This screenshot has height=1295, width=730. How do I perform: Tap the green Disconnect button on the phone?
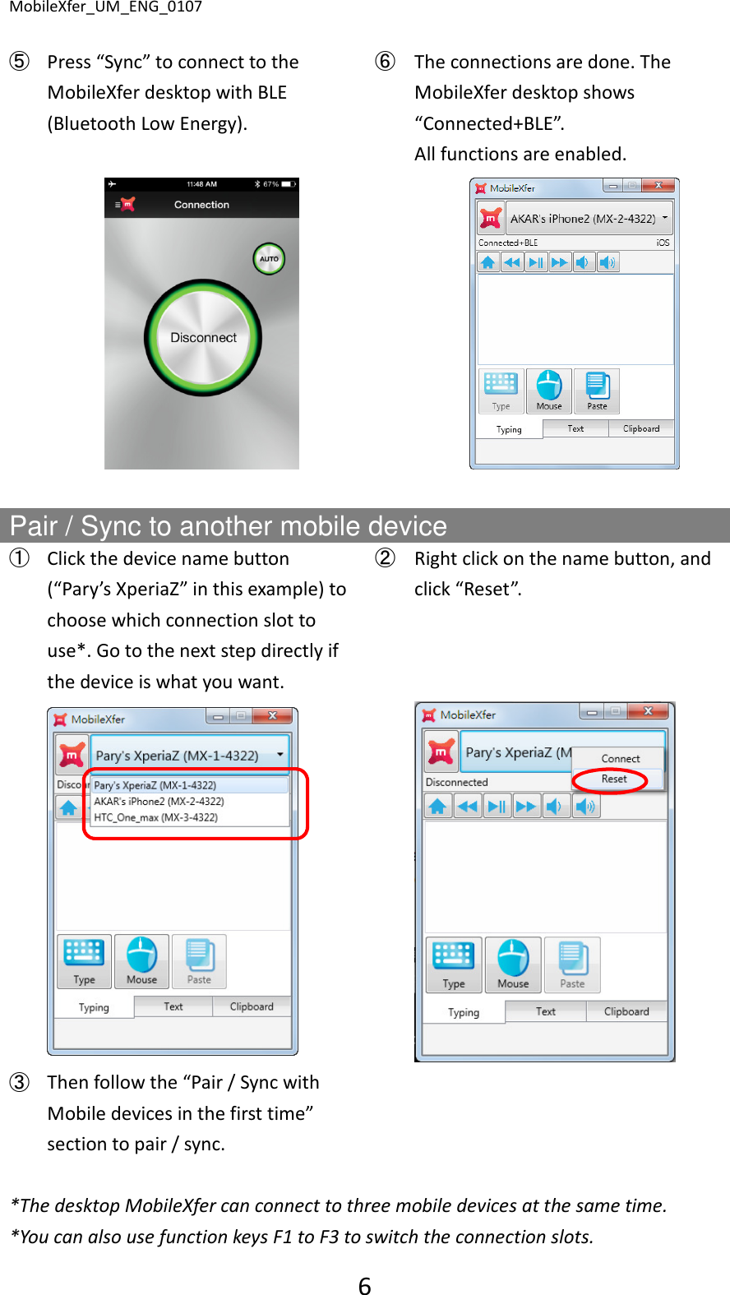coord(203,338)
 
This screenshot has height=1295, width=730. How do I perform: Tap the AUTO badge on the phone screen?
coord(269,259)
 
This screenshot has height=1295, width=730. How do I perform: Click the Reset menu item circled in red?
coord(613,779)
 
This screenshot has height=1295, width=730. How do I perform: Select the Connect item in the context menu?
coord(620,759)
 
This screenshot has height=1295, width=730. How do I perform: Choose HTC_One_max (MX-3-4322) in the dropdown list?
coord(155,817)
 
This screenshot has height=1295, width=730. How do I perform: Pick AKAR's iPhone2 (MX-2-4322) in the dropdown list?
coord(159,801)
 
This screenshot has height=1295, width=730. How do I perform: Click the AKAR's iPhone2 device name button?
coord(582,219)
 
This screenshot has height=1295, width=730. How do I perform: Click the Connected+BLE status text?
coord(508,243)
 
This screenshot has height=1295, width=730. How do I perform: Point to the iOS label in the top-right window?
coord(663,243)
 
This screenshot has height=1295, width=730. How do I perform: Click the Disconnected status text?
coord(456,782)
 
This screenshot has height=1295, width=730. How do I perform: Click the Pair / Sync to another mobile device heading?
coord(229,526)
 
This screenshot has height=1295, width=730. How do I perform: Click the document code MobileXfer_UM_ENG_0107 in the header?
coord(105,7)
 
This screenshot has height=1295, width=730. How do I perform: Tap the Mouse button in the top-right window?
coord(549,391)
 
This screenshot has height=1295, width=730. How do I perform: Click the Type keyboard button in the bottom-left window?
coord(84,961)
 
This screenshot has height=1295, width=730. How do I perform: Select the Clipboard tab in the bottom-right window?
coord(626,1011)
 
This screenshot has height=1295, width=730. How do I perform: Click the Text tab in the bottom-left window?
coord(173,1006)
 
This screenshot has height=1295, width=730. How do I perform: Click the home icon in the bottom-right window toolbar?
coord(437,806)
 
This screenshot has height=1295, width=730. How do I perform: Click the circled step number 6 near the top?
coord(385,62)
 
